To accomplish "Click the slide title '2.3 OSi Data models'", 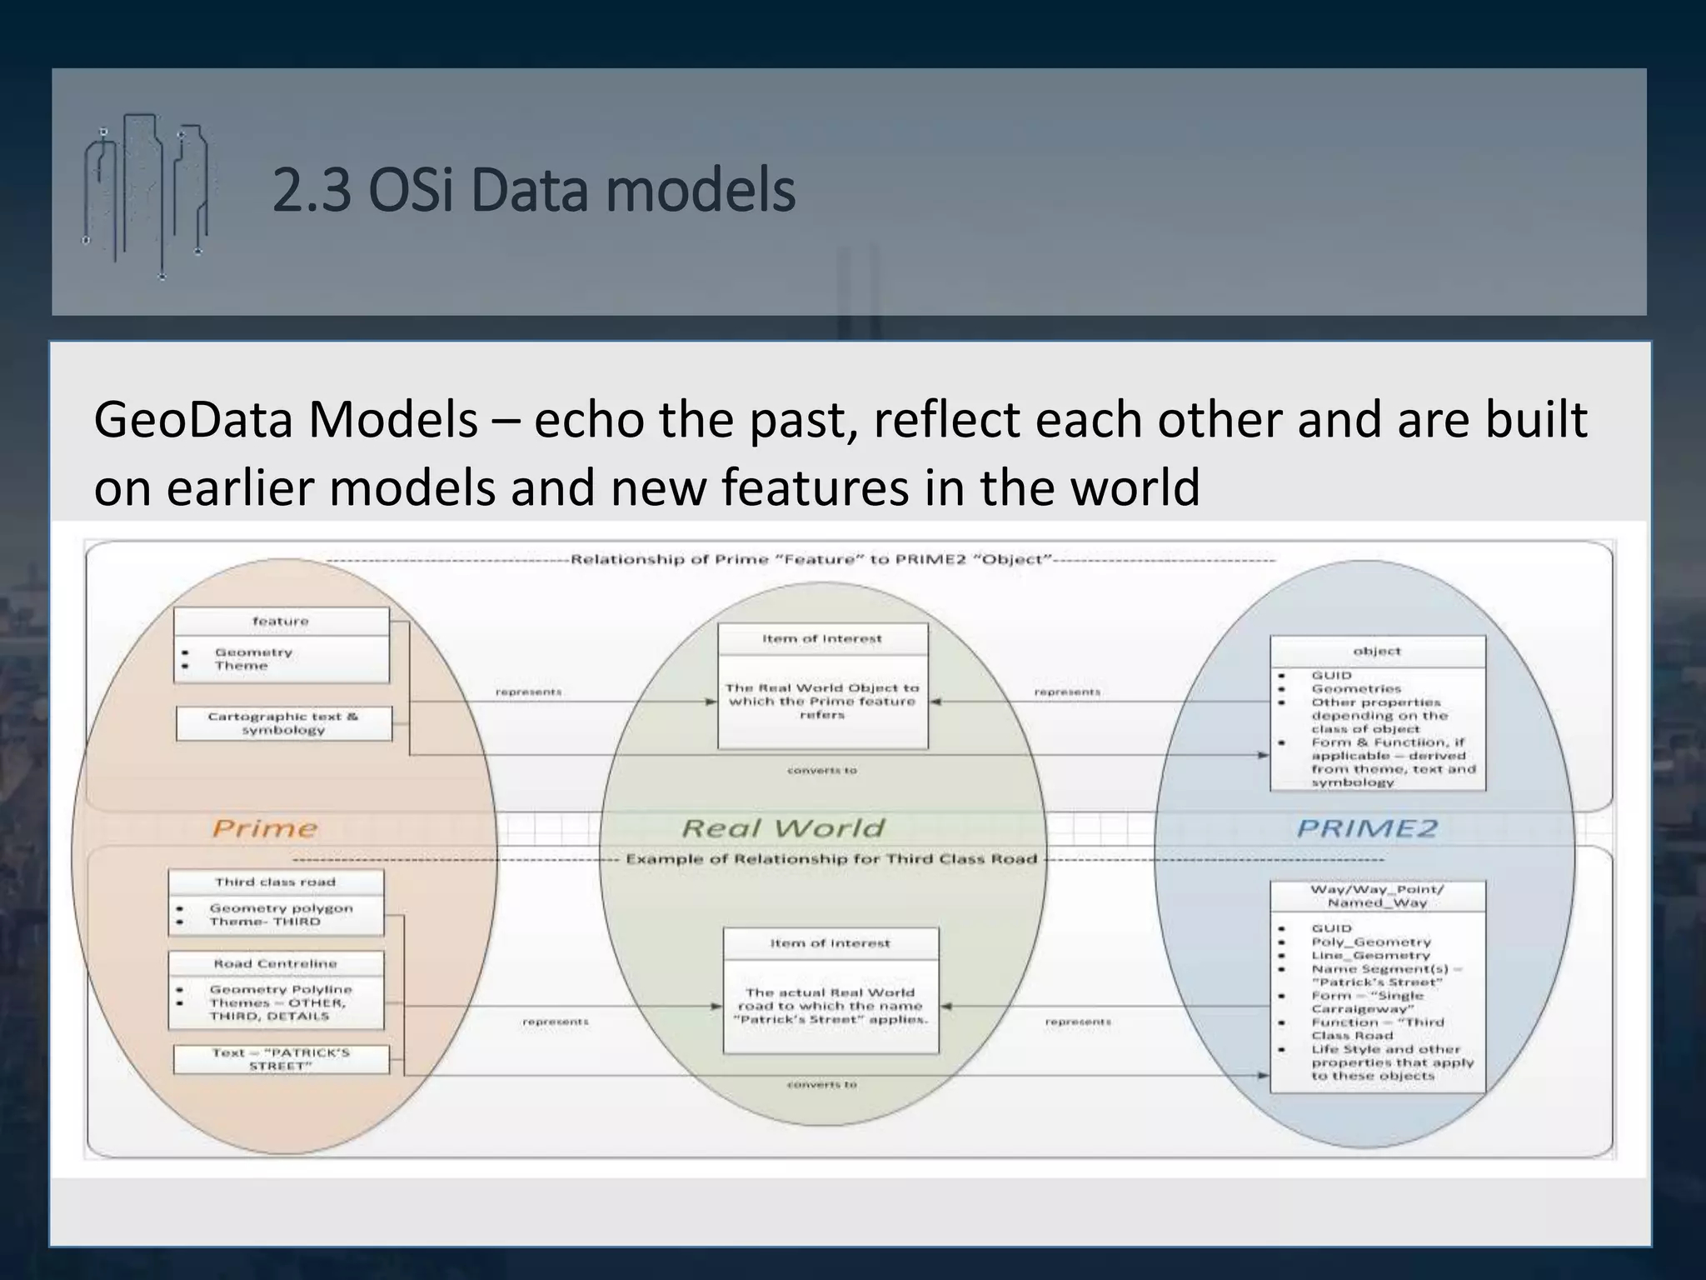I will click(533, 191).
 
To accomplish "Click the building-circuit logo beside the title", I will click(146, 196).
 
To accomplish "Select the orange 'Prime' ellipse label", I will click(265, 828).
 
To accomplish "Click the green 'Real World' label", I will click(783, 828).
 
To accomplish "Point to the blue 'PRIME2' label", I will click(1367, 828).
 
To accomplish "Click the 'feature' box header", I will click(281, 622).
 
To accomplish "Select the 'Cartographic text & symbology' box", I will click(283, 723).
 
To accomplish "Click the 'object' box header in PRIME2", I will click(1377, 652).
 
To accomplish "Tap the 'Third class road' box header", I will click(276, 882).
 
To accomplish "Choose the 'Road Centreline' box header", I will click(276, 963).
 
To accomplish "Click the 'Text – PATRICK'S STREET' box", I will click(281, 1059).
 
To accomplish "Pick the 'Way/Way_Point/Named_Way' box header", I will click(1377, 896).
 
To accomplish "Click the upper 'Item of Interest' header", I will click(822, 639).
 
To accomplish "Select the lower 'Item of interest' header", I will click(831, 943).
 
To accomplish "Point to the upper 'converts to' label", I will click(822, 771).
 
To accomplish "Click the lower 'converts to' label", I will click(822, 1085).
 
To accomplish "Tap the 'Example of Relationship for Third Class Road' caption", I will click(831, 859).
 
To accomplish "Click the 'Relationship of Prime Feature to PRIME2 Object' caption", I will click(812, 559).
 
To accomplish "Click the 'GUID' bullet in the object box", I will click(1331, 676).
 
